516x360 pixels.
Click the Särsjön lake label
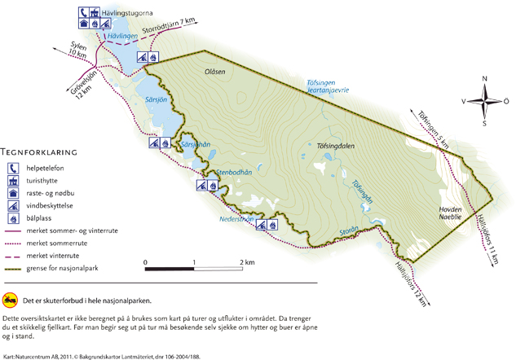(156, 99)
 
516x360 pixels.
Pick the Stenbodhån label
(213, 172)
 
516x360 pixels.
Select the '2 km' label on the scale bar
(247, 262)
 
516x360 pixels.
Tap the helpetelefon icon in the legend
(14, 169)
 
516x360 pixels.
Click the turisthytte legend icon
(14, 182)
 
